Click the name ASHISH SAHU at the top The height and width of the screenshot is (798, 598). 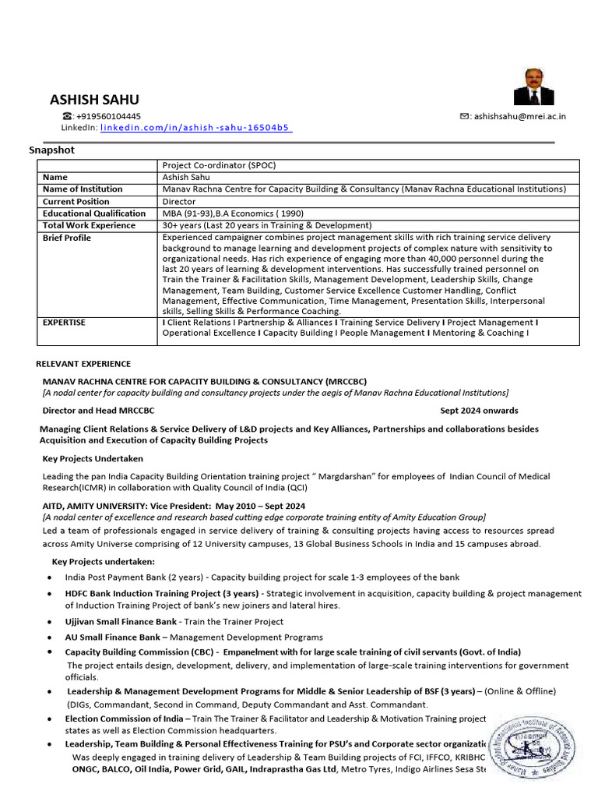[x=94, y=99]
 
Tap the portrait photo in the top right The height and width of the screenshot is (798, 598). [x=534, y=86]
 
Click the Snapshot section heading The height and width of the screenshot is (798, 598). [x=52, y=150]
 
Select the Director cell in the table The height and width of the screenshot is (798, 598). [x=179, y=201]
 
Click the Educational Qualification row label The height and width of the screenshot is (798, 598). [x=94, y=214]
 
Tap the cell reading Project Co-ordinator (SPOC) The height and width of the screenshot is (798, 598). [x=219, y=165]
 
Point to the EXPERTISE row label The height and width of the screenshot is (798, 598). [x=64, y=322]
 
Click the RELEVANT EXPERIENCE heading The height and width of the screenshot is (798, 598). [x=84, y=364]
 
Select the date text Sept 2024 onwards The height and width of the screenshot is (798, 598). [x=479, y=411]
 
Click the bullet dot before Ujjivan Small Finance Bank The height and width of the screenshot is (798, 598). [x=50, y=622]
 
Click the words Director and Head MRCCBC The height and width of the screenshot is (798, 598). [x=98, y=411]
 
